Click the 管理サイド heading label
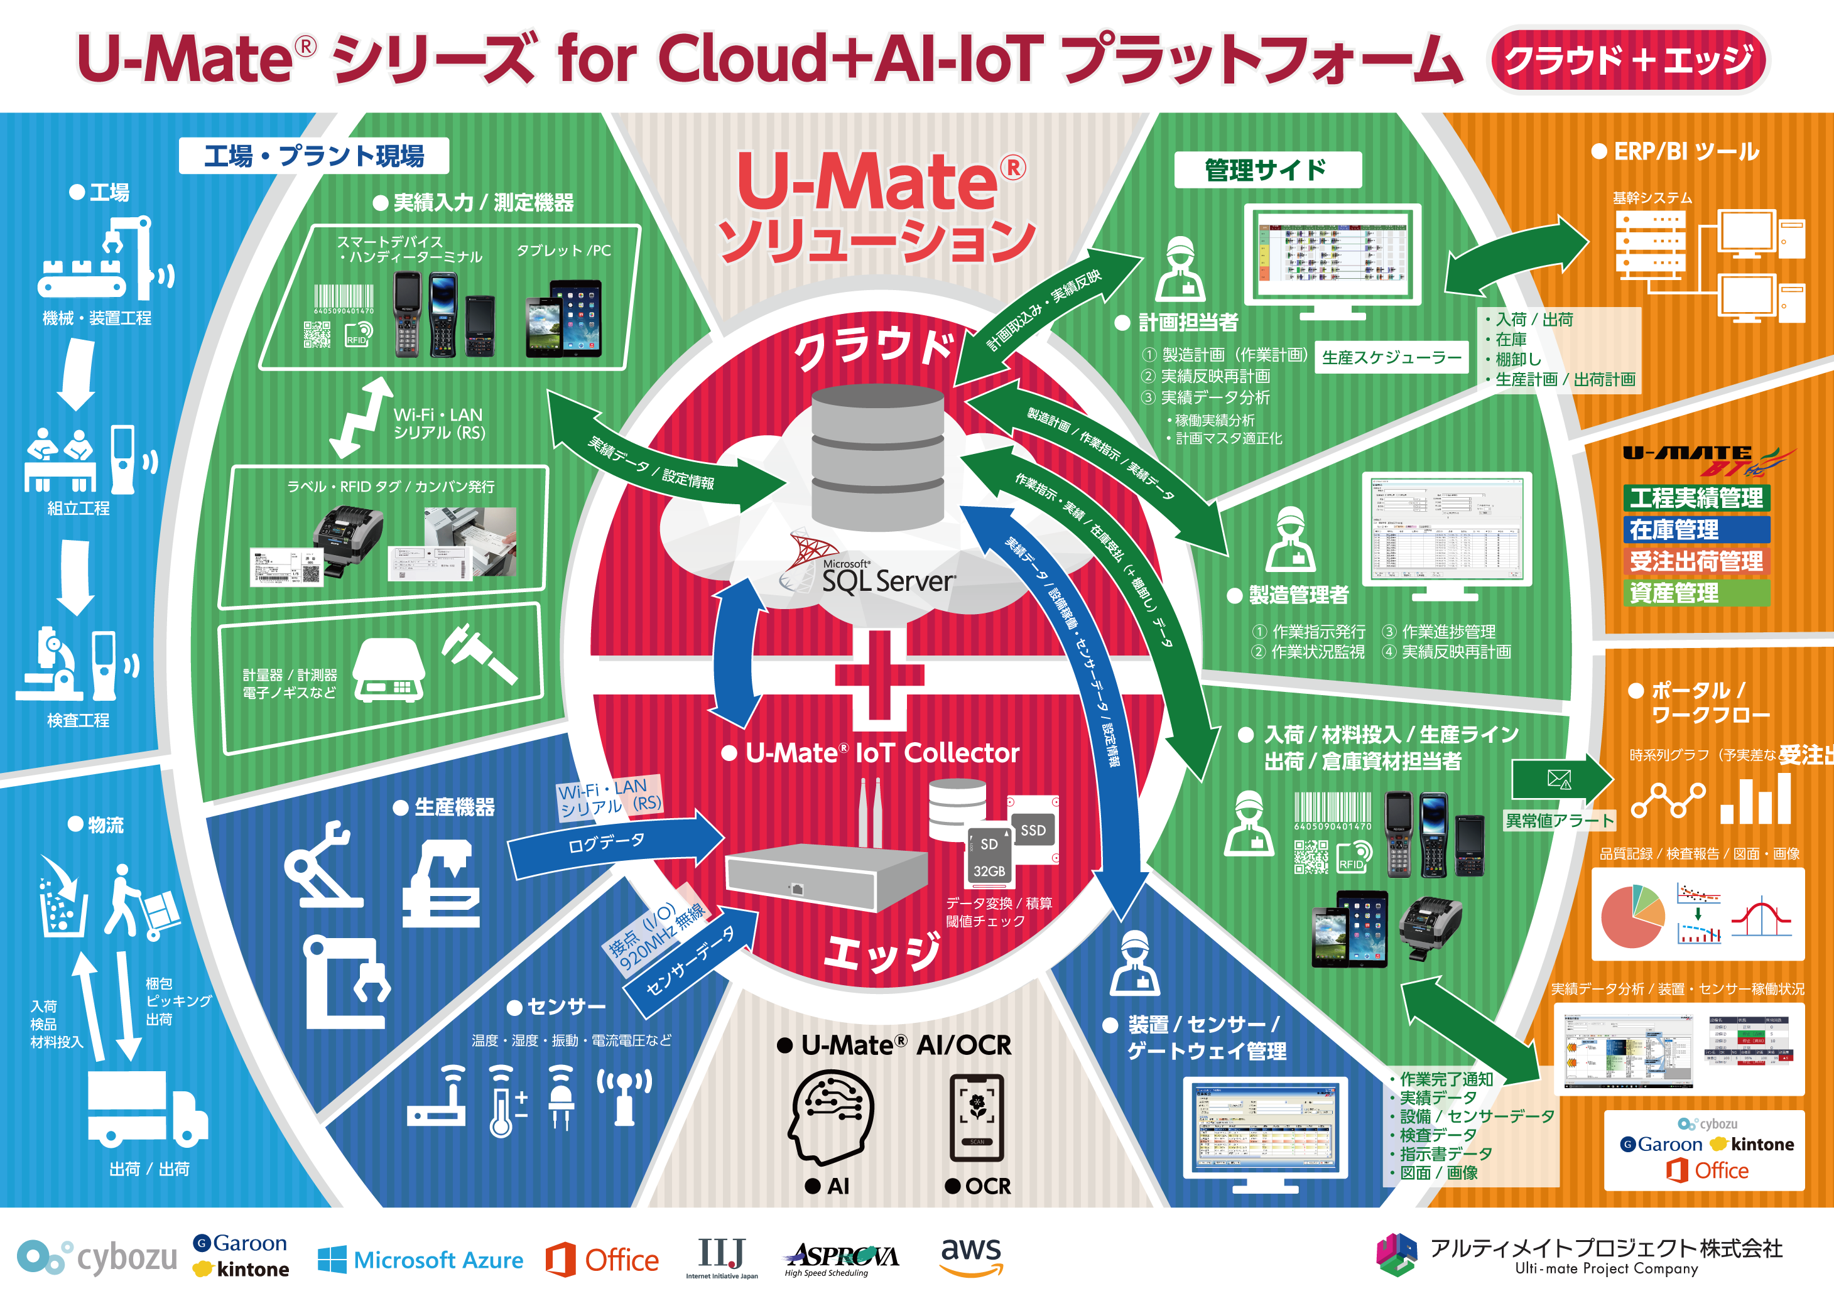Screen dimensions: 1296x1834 click(1267, 170)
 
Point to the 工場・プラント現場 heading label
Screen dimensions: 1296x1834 click(314, 156)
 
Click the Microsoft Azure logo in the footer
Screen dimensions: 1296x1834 click(421, 1260)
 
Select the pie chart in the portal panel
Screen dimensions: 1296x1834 click(1632, 916)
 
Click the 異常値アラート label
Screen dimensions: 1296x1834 click(1560, 821)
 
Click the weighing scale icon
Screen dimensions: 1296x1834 click(389, 670)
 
